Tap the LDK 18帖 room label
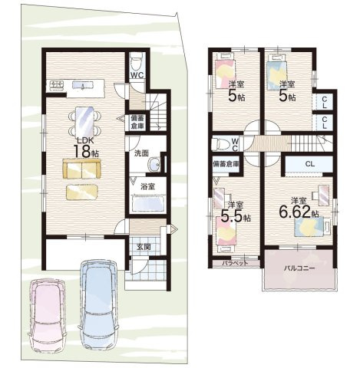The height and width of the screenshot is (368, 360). (x=86, y=148)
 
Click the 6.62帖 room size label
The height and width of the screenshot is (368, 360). (x=299, y=212)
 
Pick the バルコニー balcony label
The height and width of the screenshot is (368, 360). (x=299, y=268)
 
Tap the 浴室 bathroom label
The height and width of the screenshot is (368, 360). (x=147, y=187)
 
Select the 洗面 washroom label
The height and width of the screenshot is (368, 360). (x=141, y=153)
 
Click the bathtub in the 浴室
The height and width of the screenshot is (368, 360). (x=149, y=203)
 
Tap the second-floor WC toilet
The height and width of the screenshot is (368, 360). (x=220, y=144)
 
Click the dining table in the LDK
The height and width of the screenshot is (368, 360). (x=84, y=122)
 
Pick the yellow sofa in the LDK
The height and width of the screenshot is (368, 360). (x=81, y=168)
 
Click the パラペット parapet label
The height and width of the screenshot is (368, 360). (x=235, y=263)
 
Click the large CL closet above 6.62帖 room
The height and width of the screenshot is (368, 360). (x=309, y=164)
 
